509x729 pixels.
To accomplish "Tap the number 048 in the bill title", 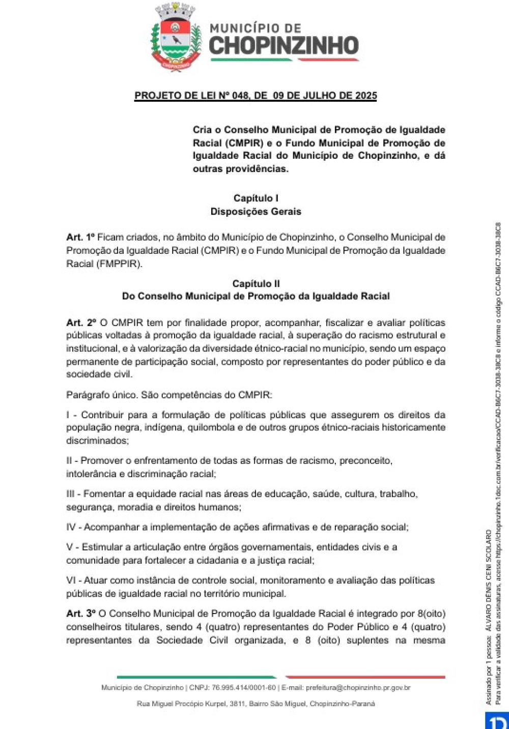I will (240, 96).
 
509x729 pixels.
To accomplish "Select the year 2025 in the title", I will (366, 96).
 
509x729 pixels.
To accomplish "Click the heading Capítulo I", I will (256, 198).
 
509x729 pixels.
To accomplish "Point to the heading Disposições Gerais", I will (256, 212).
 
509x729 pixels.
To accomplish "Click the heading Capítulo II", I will (256, 284).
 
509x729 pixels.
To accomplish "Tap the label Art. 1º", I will (80, 238).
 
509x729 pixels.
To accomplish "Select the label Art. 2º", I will (81, 323).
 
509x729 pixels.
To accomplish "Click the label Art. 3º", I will (81, 614).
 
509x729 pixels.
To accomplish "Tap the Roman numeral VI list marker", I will (72, 580).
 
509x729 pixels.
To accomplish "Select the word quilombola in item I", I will (209, 428).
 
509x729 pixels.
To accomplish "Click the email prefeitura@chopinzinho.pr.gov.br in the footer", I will (358, 688).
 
